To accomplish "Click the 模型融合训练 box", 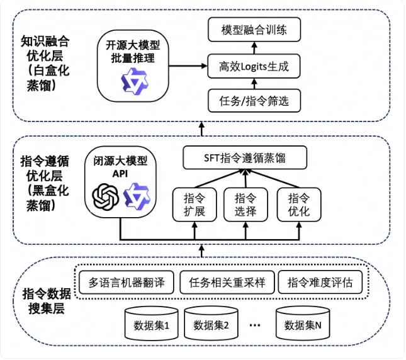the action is pos(254,30).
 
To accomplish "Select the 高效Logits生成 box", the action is pos(254,66).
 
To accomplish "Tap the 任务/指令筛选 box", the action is pos(254,101).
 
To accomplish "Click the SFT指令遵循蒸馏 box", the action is pos(245,157).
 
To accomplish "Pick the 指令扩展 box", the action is pos(195,205).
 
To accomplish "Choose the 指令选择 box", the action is pos(245,205).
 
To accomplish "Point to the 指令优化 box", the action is pos(299,205).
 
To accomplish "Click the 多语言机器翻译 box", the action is pos(127,283).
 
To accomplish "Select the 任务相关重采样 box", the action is pos(227,283).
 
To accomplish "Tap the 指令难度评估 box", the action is pos(320,283).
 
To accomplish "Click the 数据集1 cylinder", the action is pos(152,323).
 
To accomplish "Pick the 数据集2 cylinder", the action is pos(211,323).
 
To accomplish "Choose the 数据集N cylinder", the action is pos(303,323).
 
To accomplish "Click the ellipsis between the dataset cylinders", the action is pos(255,325).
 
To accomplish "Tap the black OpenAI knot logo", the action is pos(106,197).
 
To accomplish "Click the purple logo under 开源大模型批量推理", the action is pos(135,81).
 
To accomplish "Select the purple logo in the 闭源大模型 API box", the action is pos(137,196).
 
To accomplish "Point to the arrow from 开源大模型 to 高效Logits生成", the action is pos(188,66).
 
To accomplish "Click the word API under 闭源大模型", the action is pos(120,174).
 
